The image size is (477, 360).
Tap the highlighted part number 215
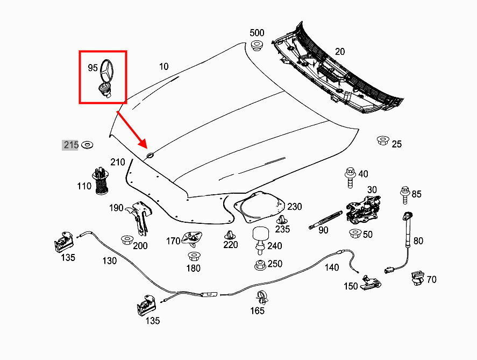[x=71, y=145]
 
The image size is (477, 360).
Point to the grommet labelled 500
[x=257, y=45]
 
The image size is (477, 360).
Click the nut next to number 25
[x=382, y=141]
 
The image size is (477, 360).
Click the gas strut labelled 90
[x=325, y=219]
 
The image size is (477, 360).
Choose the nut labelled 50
[x=354, y=234]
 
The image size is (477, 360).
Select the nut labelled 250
[x=259, y=265]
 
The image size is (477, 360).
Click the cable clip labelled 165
[x=261, y=297]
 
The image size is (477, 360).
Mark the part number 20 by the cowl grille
[x=339, y=52]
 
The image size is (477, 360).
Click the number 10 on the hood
[x=163, y=67]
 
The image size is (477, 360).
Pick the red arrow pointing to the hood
[x=132, y=129]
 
